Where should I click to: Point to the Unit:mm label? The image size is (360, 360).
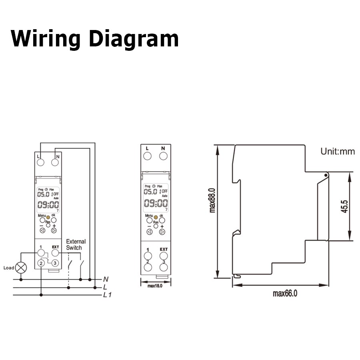pos(338,152)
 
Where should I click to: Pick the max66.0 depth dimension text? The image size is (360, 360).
pos(285,294)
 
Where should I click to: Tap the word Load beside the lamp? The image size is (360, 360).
pos(8,268)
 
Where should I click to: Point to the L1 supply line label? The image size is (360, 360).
pos(107,295)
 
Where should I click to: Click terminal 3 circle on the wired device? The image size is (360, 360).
pos(55,263)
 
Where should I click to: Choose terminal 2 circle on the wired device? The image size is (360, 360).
pos(41,263)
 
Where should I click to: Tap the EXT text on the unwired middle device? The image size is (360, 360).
pos(164,249)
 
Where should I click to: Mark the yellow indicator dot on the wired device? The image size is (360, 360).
pos(48,216)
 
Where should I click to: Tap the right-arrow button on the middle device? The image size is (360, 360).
pos(162,232)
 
